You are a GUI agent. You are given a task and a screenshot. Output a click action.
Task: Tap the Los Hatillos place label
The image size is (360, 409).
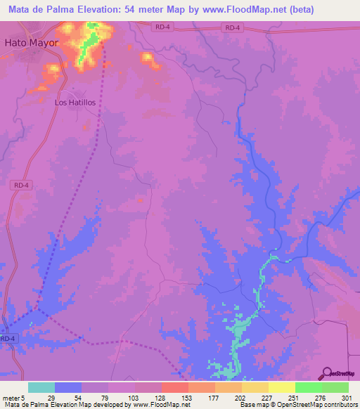[x=75, y=102]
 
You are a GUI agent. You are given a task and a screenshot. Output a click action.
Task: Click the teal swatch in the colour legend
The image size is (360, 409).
[x=41, y=387]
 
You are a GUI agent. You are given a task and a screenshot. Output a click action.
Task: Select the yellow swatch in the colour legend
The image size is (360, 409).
[x=281, y=387]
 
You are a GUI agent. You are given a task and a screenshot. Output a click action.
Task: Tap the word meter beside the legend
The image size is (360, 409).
[x=11, y=397]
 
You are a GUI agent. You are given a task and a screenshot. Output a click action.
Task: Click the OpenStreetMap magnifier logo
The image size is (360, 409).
[x=327, y=372]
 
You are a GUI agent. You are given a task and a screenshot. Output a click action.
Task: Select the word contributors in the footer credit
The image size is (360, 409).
[x=337, y=405]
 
